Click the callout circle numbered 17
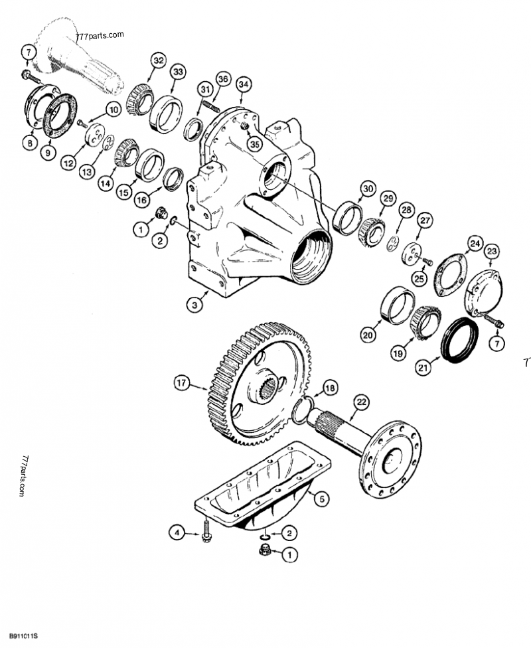pos(182,382)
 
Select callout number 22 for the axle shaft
pos(360,402)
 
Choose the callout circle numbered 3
pos(194,305)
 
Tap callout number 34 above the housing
pos(244,84)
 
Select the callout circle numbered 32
pos(157,60)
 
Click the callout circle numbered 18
pos(330,388)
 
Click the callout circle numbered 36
pos(222,80)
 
